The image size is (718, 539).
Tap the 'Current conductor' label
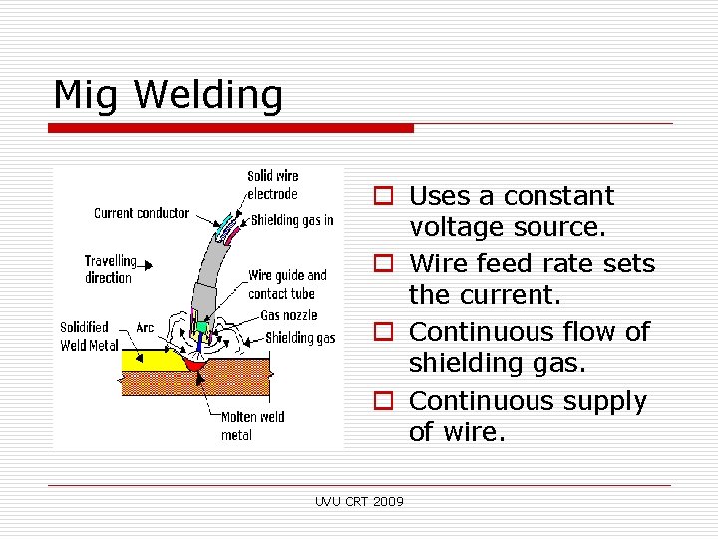(141, 213)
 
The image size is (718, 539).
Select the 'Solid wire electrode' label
(272, 185)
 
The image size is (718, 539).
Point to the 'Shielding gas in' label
(292, 220)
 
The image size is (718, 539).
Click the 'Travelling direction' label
(110, 269)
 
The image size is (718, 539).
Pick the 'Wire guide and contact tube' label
(287, 284)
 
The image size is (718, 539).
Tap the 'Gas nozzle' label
(289, 315)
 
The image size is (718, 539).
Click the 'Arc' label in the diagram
(145, 327)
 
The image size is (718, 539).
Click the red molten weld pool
(195, 367)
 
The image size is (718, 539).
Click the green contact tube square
(200, 327)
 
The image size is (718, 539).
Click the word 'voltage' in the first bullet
(458, 229)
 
